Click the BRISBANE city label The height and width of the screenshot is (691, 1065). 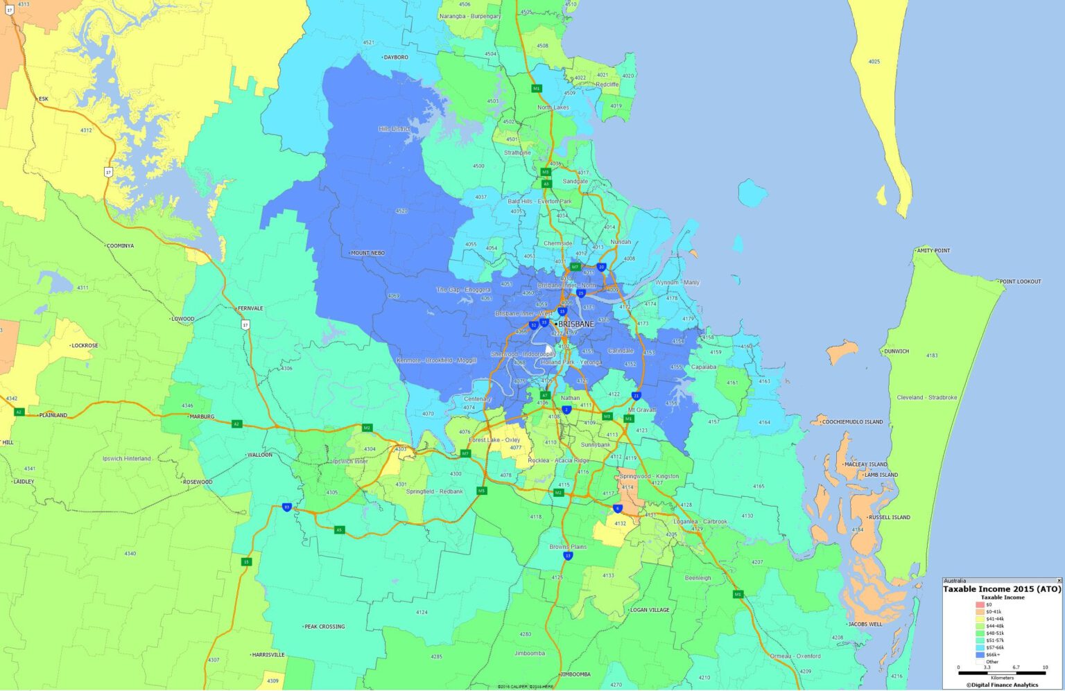click(x=575, y=324)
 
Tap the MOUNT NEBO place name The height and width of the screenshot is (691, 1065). click(x=367, y=253)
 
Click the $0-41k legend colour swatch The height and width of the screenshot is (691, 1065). click(x=980, y=612)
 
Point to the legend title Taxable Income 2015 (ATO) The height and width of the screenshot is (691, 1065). click(x=1002, y=589)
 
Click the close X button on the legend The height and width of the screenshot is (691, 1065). click(x=1059, y=581)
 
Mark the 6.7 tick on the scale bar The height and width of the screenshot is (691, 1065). click(x=1016, y=667)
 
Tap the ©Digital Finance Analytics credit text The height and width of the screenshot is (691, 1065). click(x=1002, y=685)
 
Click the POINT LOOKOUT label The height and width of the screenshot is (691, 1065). click(x=1020, y=281)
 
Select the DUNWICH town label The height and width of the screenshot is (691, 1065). click(x=896, y=351)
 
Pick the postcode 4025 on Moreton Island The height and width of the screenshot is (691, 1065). click(x=874, y=62)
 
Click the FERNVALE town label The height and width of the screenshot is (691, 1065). click(x=250, y=308)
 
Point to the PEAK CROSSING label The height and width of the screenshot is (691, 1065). click(x=324, y=627)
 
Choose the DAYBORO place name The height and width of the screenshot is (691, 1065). click(x=396, y=58)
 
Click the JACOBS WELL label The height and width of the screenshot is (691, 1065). click(x=865, y=624)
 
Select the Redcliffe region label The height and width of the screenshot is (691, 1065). click(x=607, y=85)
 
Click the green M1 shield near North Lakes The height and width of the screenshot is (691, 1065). click(x=536, y=89)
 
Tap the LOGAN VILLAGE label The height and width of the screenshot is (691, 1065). click(x=650, y=610)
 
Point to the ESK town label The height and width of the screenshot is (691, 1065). click(x=44, y=99)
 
